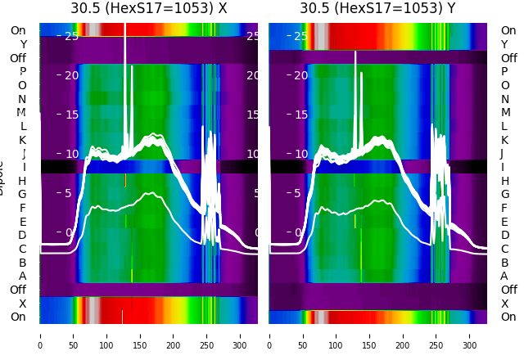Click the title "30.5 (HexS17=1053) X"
(x=148, y=9)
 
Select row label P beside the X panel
(x=23, y=72)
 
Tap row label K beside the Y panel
(x=504, y=140)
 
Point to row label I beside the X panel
(x=23, y=167)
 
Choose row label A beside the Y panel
(x=504, y=276)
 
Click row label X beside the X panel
(x=23, y=304)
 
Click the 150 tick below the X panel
(x=140, y=335)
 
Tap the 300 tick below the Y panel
(x=470, y=335)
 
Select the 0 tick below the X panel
(x=40, y=335)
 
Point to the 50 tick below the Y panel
(x=303, y=335)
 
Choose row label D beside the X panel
(x=23, y=236)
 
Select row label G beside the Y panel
(x=504, y=195)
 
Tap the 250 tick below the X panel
(x=207, y=335)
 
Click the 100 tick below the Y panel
(x=337, y=335)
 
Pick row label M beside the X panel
(x=22, y=113)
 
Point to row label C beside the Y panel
(x=504, y=249)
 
